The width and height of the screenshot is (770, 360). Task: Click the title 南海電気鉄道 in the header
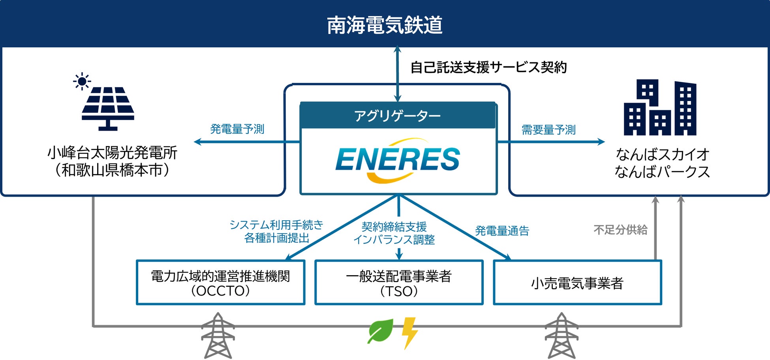(x=385, y=25)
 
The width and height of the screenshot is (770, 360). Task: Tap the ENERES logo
(x=398, y=160)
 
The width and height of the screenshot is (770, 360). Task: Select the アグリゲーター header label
(x=397, y=116)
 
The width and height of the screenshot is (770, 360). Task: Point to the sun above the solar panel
(x=82, y=81)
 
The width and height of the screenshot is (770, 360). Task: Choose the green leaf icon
(x=381, y=331)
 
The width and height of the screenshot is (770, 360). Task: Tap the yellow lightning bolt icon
(x=409, y=332)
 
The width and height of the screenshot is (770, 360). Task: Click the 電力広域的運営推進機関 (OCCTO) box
(x=220, y=283)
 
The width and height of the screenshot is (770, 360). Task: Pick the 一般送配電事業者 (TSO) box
(x=399, y=283)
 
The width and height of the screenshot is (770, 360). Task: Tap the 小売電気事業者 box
(x=577, y=283)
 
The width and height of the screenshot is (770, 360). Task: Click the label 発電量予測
(x=237, y=129)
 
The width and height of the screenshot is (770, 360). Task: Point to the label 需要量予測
(x=548, y=129)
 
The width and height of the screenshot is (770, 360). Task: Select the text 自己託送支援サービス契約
(x=488, y=67)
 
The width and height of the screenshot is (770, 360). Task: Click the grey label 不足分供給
(x=620, y=230)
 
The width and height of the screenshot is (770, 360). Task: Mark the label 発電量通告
(x=502, y=231)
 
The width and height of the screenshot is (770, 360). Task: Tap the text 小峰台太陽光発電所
(x=112, y=153)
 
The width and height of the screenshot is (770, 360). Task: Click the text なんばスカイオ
(x=662, y=154)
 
